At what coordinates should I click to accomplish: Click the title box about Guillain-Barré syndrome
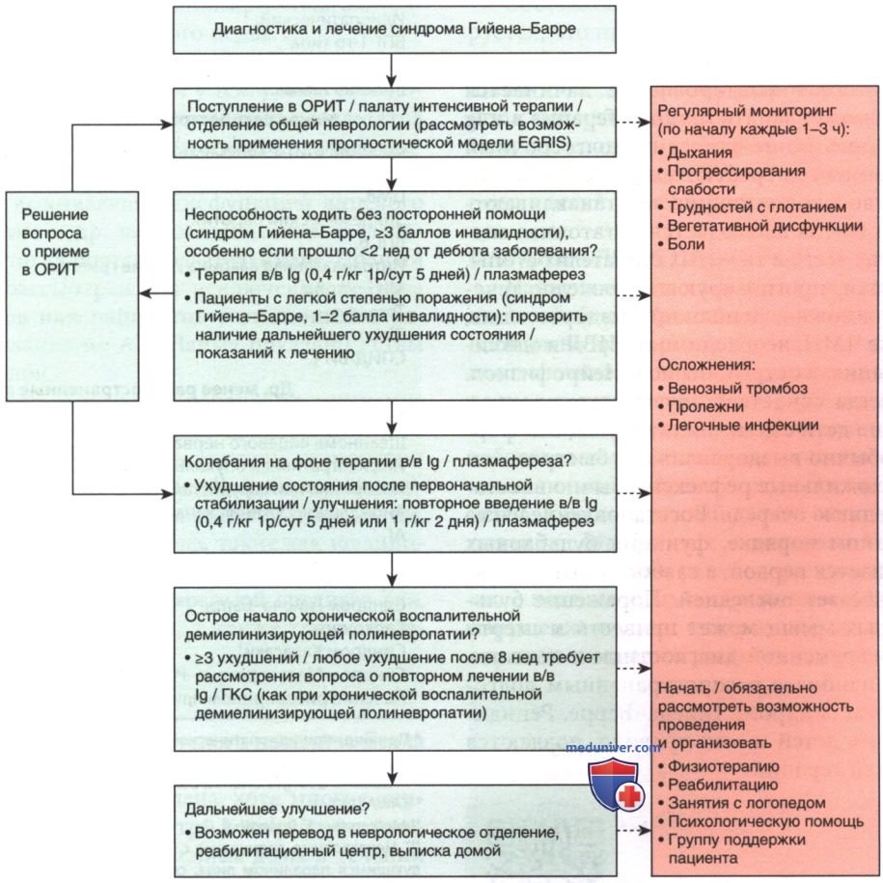click(395, 30)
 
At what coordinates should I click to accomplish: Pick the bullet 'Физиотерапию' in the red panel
click(717, 766)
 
